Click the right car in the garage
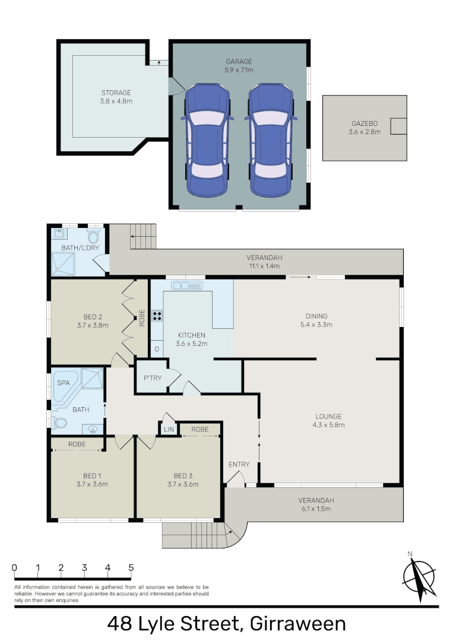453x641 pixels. [271, 140]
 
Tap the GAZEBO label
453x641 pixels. [365, 124]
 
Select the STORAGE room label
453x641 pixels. [116, 93]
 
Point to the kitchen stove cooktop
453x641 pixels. [158, 315]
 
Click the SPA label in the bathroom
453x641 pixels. [63, 383]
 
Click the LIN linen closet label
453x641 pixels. [168, 429]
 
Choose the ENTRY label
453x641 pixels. [239, 464]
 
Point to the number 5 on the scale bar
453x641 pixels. [131, 568]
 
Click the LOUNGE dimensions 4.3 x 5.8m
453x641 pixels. [328, 424]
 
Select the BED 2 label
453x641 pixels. [93, 317]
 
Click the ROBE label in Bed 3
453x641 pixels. [200, 429]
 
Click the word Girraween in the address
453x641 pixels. [298, 624]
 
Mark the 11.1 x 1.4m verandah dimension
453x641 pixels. [265, 266]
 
